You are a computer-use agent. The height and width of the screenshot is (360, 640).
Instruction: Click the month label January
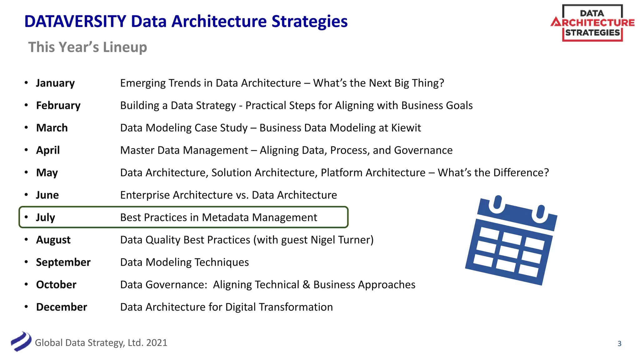[x=55, y=83]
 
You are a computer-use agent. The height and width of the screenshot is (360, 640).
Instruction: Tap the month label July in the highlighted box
[x=45, y=217]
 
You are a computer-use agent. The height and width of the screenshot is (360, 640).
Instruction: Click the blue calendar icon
[x=511, y=240]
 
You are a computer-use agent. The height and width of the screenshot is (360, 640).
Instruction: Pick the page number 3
[x=619, y=343]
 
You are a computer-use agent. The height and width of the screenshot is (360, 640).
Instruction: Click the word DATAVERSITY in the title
[x=75, y=22]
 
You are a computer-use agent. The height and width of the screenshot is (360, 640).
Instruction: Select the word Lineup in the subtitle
[x=125, y=47]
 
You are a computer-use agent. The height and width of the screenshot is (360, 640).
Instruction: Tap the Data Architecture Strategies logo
[x=592, y=23]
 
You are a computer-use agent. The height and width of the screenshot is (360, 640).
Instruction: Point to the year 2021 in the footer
[x=157, y=343]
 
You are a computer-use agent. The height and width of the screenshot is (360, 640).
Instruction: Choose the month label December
[x=62, y=307]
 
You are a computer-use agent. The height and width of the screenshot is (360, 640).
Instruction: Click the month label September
[x=63, y=262]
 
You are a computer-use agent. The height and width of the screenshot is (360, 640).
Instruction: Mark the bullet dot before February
[x=26, y=105]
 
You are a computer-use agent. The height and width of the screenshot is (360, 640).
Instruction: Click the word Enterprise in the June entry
[x=145, y=195]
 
